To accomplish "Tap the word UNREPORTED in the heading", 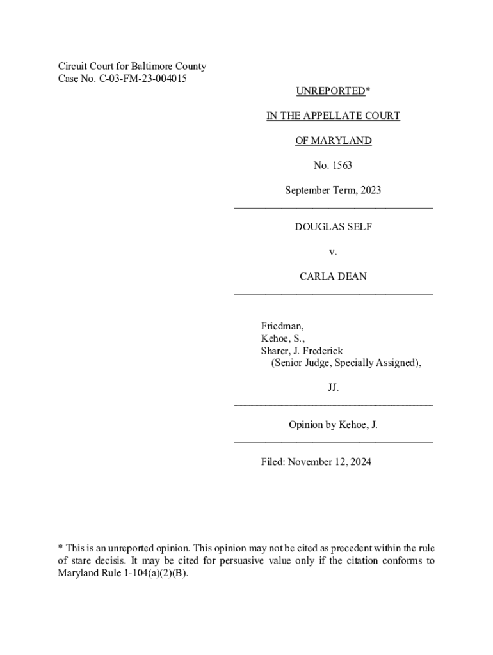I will coord(330,91).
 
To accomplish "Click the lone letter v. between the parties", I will coord(333,252).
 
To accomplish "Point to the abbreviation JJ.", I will coord(333,388).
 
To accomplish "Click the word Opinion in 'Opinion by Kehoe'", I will coord(307,425).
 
